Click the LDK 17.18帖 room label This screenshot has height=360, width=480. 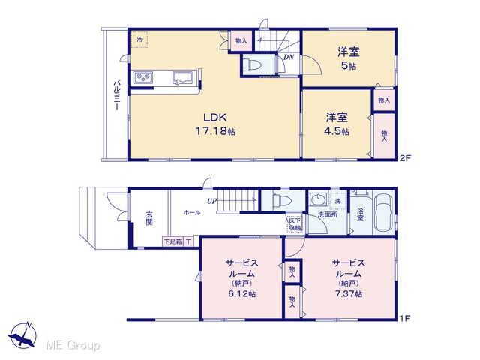pyautogui.click(x=215, y=124)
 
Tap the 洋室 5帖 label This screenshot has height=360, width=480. pyautogui.click(x=348, y=58)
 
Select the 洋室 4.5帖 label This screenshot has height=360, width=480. pyautogui.click(x=337, y=124)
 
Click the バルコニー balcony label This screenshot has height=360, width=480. pyautogui.click(x=117, y=94)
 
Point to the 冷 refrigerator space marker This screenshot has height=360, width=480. pyautogui.click(x=139, y=40)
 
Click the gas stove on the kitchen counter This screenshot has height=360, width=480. pyautogui.click(x=143, y=77)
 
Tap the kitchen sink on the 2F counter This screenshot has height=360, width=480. pyautogui.click(x=183, y=77)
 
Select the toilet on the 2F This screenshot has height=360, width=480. pyautogui.click(x=253, y=64)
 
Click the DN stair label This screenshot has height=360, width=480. pyautogui.click(x=288, y=57)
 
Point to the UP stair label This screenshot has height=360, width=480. pyautogui.click(x=211, y=201)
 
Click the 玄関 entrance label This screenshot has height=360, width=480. pyautogui.click(x=149, y=218)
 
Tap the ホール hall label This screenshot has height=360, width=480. pyautogui.click(x=192, y=212)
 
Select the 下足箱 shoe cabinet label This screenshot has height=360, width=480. pyautogui.click(x=173, y=241)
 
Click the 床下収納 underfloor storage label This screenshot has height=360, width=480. pyautogui.click(x=295, y=223)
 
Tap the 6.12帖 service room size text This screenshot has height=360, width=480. pyautogui.click(x=241, y=293)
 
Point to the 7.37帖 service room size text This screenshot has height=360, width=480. pyautogui.click(x=348, y=293)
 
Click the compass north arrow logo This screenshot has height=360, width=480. pyautogui.click(x=22, y=335)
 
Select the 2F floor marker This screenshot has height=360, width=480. pyautogui.click(x=404, y=158)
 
